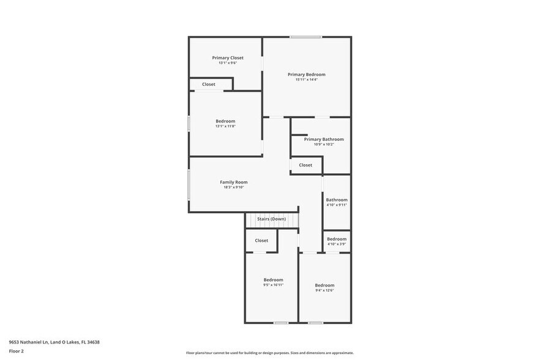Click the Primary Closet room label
click(x=228, y=58)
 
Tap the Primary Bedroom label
click(x=306, y=74)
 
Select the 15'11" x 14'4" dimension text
click(x=306, y=80)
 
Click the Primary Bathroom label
click(x=323, y=139)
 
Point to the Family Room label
click(x=233, y=182)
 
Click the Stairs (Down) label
click(x=271, y=219)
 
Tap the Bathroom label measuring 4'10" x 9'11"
click(x=336, y=200)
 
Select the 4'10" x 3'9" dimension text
click(x=336, y=244)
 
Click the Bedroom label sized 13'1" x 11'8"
click(x=225, y=121)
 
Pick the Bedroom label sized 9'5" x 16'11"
click(x=273, y=279)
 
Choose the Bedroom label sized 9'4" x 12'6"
click(x=324, y=285)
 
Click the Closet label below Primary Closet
click(x=209, y=84)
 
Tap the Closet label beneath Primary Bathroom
click(x=306, y=165)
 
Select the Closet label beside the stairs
click(x=261, y=241)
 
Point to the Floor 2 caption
click(x=16, y=351)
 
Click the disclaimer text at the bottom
click(x=269, y=353)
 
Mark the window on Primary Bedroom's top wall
click(x=306, y=37)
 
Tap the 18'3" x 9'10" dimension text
click(x=233, y=187)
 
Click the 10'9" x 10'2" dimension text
click(x=323, y=144)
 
